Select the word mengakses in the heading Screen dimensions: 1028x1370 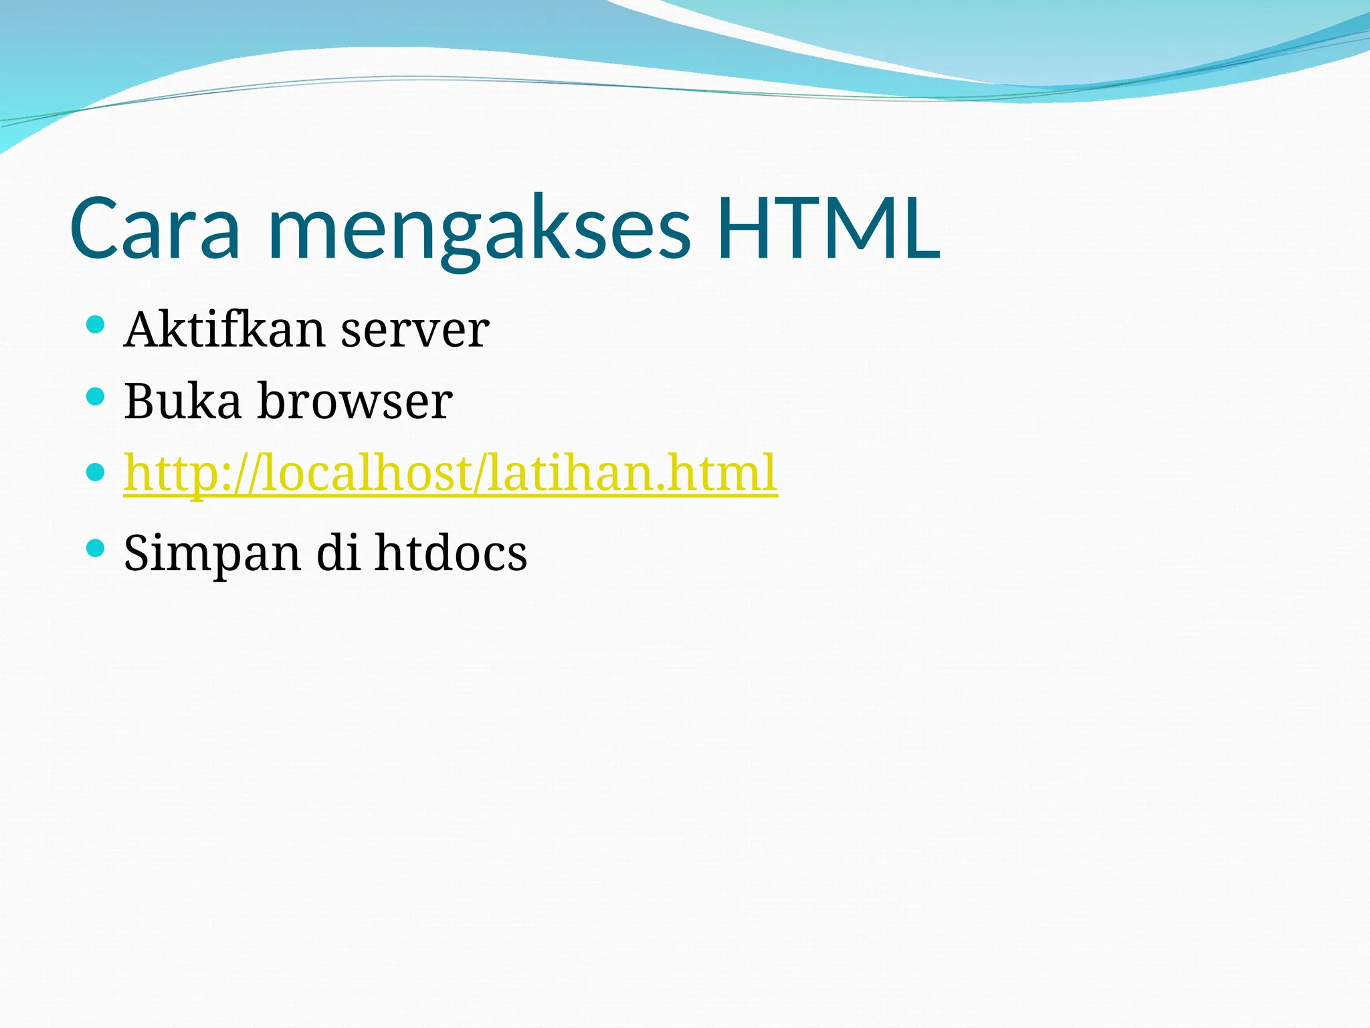point(479,231)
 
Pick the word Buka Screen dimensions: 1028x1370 point(182,402)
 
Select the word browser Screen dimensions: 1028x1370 point(355,402)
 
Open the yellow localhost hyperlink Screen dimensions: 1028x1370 point(450,474)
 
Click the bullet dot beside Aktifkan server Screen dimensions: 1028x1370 point(96,325)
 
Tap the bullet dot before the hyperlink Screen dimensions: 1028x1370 point(96,473)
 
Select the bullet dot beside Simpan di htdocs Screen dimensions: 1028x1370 point(96,549)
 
